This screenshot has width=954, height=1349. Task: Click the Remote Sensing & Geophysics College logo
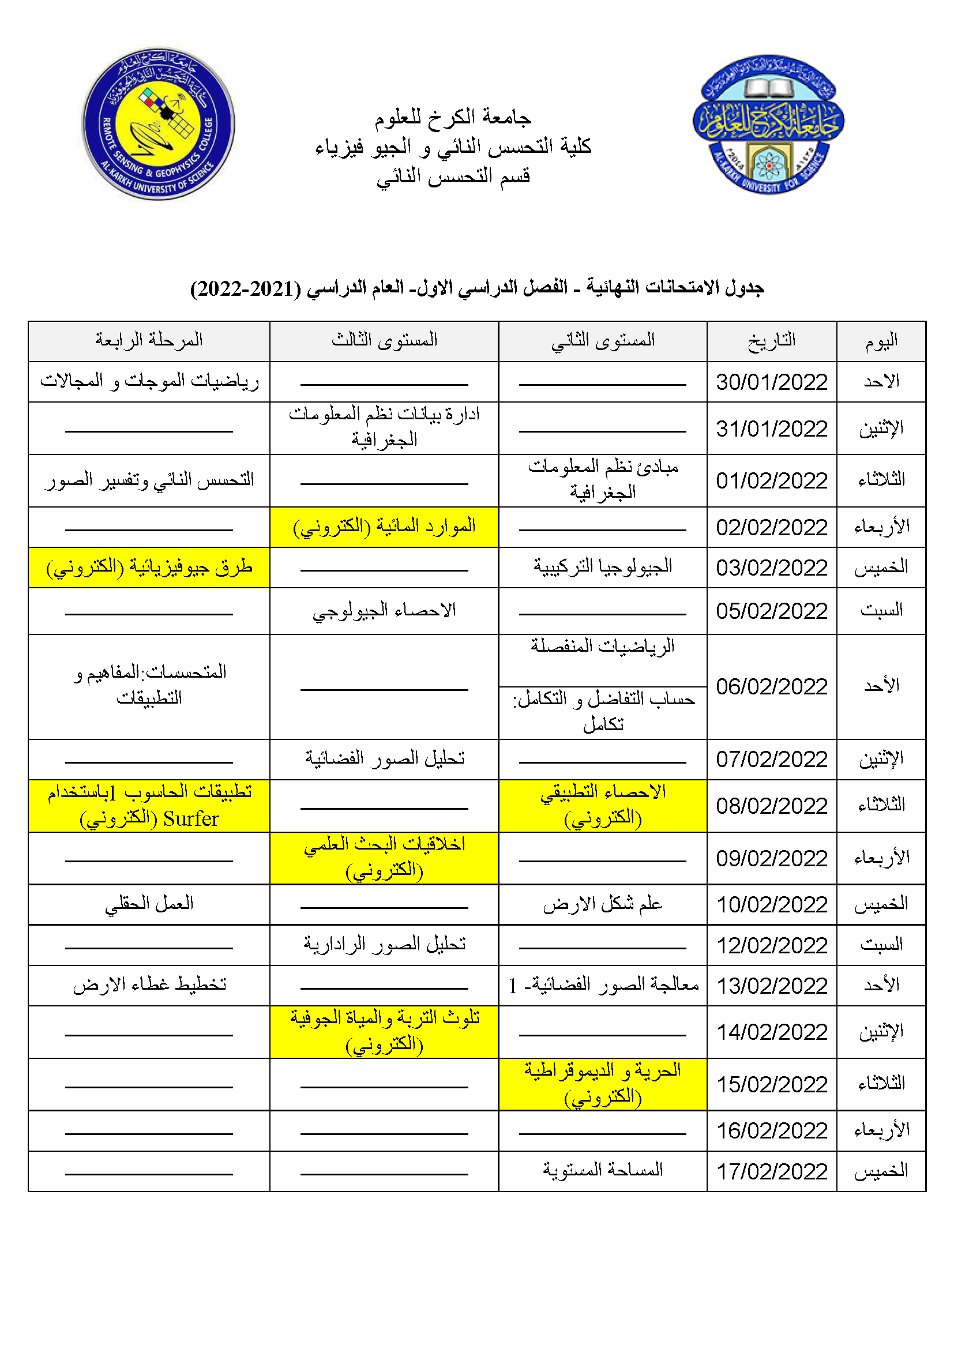[158, 124]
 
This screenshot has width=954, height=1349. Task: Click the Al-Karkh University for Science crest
[768, 125]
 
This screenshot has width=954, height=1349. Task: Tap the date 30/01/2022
[771, 382]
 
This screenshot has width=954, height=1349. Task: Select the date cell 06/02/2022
[771, 686]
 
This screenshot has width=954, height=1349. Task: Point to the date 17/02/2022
[771, 1171]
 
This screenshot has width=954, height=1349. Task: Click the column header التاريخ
[771, 341]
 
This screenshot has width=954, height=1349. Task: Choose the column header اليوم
[881, 341]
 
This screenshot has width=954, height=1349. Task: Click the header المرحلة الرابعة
[149, 340]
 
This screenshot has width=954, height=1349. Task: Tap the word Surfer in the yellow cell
[191, 819]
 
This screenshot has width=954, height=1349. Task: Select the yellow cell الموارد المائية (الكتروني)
[384, 527]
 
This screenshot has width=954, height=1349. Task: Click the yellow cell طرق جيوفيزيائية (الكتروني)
[149, 568]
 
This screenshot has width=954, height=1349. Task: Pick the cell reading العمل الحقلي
[149, 904]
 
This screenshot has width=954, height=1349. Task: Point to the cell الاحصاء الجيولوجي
[384, 611]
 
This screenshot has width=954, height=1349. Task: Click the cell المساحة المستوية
[603, 1170]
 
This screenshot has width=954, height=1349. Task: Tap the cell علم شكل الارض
[603, 904]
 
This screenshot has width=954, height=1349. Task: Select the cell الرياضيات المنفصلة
[603, 647]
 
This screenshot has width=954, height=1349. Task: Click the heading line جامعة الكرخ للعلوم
[453, 118]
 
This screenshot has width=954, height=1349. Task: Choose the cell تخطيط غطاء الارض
[149, 984]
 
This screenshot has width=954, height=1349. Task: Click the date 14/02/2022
[771, 1032]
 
